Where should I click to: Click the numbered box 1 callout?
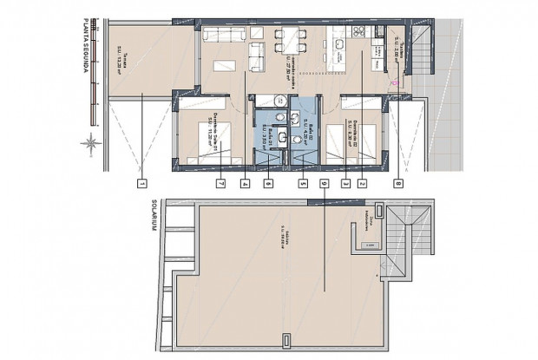pos(141,183)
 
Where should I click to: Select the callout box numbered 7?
pos(220,183)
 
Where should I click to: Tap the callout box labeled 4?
pos(246,183)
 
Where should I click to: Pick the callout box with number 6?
pos(269,183)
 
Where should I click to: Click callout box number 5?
pos(302,183)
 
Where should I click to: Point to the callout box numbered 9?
pos(323,183)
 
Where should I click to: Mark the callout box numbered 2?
pos(363,183)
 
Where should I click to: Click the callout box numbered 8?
pos(397,183)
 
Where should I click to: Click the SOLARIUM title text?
pos(156,217)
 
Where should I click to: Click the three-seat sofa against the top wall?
pos(223,35)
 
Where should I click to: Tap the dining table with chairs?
pos(288,38)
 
